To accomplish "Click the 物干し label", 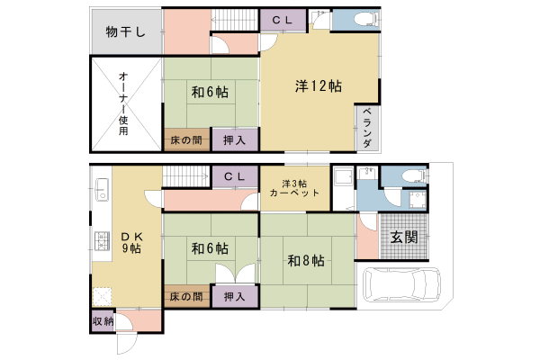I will click(x=126, y=32).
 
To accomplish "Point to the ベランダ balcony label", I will click(x=367, y=128).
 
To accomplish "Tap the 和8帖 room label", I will click(x=306, y=261).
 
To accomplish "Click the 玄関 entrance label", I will click(x=403, y=238).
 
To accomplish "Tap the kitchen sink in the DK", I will click(x=101, y=191).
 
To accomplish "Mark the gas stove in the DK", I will click(x=100, y=240).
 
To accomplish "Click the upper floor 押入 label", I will click(x=236, y=139).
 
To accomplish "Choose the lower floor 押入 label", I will click(x=235, y=296).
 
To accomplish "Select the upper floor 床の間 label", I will click(x=186, y=139).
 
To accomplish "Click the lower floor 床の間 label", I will click(x=186, y=296).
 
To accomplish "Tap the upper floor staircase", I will click(x=235, y=19).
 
